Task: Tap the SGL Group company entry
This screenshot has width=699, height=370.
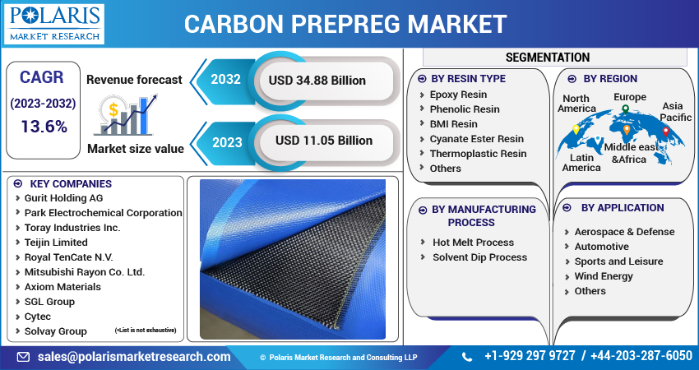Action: pos(49,302)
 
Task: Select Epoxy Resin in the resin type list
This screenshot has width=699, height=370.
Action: pos(458,95)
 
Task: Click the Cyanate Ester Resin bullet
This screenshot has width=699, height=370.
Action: pos(476,139)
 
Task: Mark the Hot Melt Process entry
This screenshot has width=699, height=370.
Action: pos(473,243)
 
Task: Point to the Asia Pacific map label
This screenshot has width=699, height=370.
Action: pos(676,112)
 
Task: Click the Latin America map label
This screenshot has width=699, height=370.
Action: pos(581,162)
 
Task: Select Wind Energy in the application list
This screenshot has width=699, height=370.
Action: pos(604,276)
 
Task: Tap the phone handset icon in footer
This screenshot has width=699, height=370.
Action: pos(467,357)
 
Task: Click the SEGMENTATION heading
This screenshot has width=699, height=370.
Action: pos(548,58)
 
